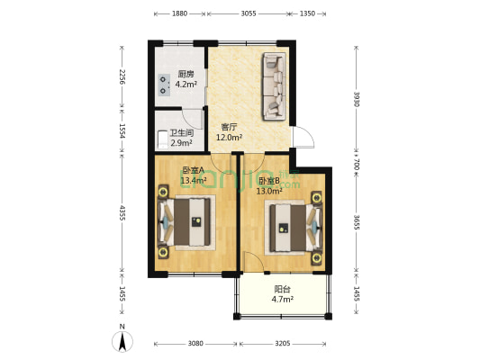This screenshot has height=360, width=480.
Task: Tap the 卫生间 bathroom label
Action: (x=182, y=132)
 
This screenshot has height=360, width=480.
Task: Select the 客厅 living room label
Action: (x=229, y=127)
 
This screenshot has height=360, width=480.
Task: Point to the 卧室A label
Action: (x=193, y=170)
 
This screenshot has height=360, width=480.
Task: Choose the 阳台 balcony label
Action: (x=282, y=289)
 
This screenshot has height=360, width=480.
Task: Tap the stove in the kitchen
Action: (x=163, y=85)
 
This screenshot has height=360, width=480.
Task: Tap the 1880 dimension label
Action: (x=180, y=13)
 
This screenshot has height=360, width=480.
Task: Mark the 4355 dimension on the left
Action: (x=122, y=217)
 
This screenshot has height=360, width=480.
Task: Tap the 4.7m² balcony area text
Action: (x=282, y=300)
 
